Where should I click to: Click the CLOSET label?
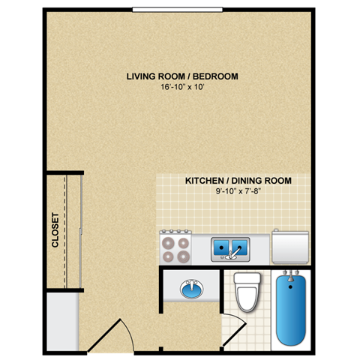(55, 231)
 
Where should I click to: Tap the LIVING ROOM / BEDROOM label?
(182, 76)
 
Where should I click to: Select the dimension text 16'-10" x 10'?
(182, 88)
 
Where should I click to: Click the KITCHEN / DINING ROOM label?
(238, 181)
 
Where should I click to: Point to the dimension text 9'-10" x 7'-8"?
(238, 193)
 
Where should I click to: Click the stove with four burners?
(176, 247)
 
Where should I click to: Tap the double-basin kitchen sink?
(230, 246)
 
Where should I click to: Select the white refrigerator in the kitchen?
(290, 245)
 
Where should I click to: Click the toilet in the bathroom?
(246, 295)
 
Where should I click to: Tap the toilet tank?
(246, 279)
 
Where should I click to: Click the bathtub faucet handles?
(292, 274)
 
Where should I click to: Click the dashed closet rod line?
(66, 230)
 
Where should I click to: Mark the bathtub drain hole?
(292, 285)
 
